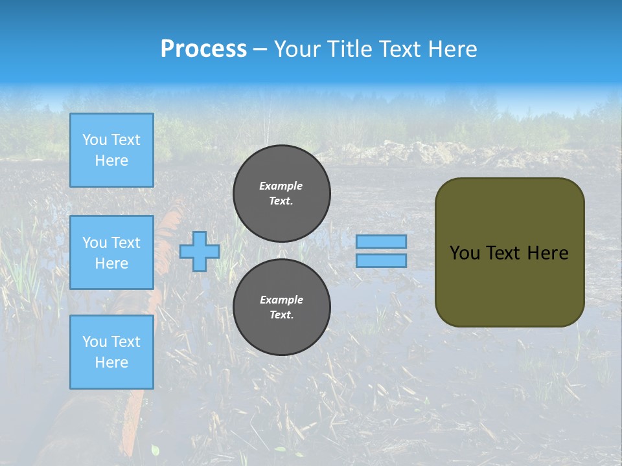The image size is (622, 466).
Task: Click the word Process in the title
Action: (x=203, y=49)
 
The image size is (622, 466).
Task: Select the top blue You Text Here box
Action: (x=111, y=150)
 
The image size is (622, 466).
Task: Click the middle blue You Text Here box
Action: (x=111, y=252)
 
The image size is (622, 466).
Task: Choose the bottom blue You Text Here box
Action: (x=111, y=351)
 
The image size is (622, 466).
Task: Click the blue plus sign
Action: (x=200, y=251)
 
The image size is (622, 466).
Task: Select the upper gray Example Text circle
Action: (x=282, y=194)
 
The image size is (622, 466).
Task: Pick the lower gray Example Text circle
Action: (x=282, y=307)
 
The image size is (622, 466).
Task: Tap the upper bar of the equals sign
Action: (x=382, y=241)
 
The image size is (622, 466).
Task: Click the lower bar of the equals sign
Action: (x=382, y=260)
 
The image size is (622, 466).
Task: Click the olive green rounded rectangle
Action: (x=509, y=285)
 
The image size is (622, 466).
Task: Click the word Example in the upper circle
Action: (x=281, y=186)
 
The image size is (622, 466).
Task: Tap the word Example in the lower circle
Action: (x=281, y=300)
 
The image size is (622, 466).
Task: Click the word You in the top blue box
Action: (x=94, y=140)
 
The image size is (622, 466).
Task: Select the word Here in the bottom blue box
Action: (x=111, y=362)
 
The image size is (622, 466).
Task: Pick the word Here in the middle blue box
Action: (x=111, y=263)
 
